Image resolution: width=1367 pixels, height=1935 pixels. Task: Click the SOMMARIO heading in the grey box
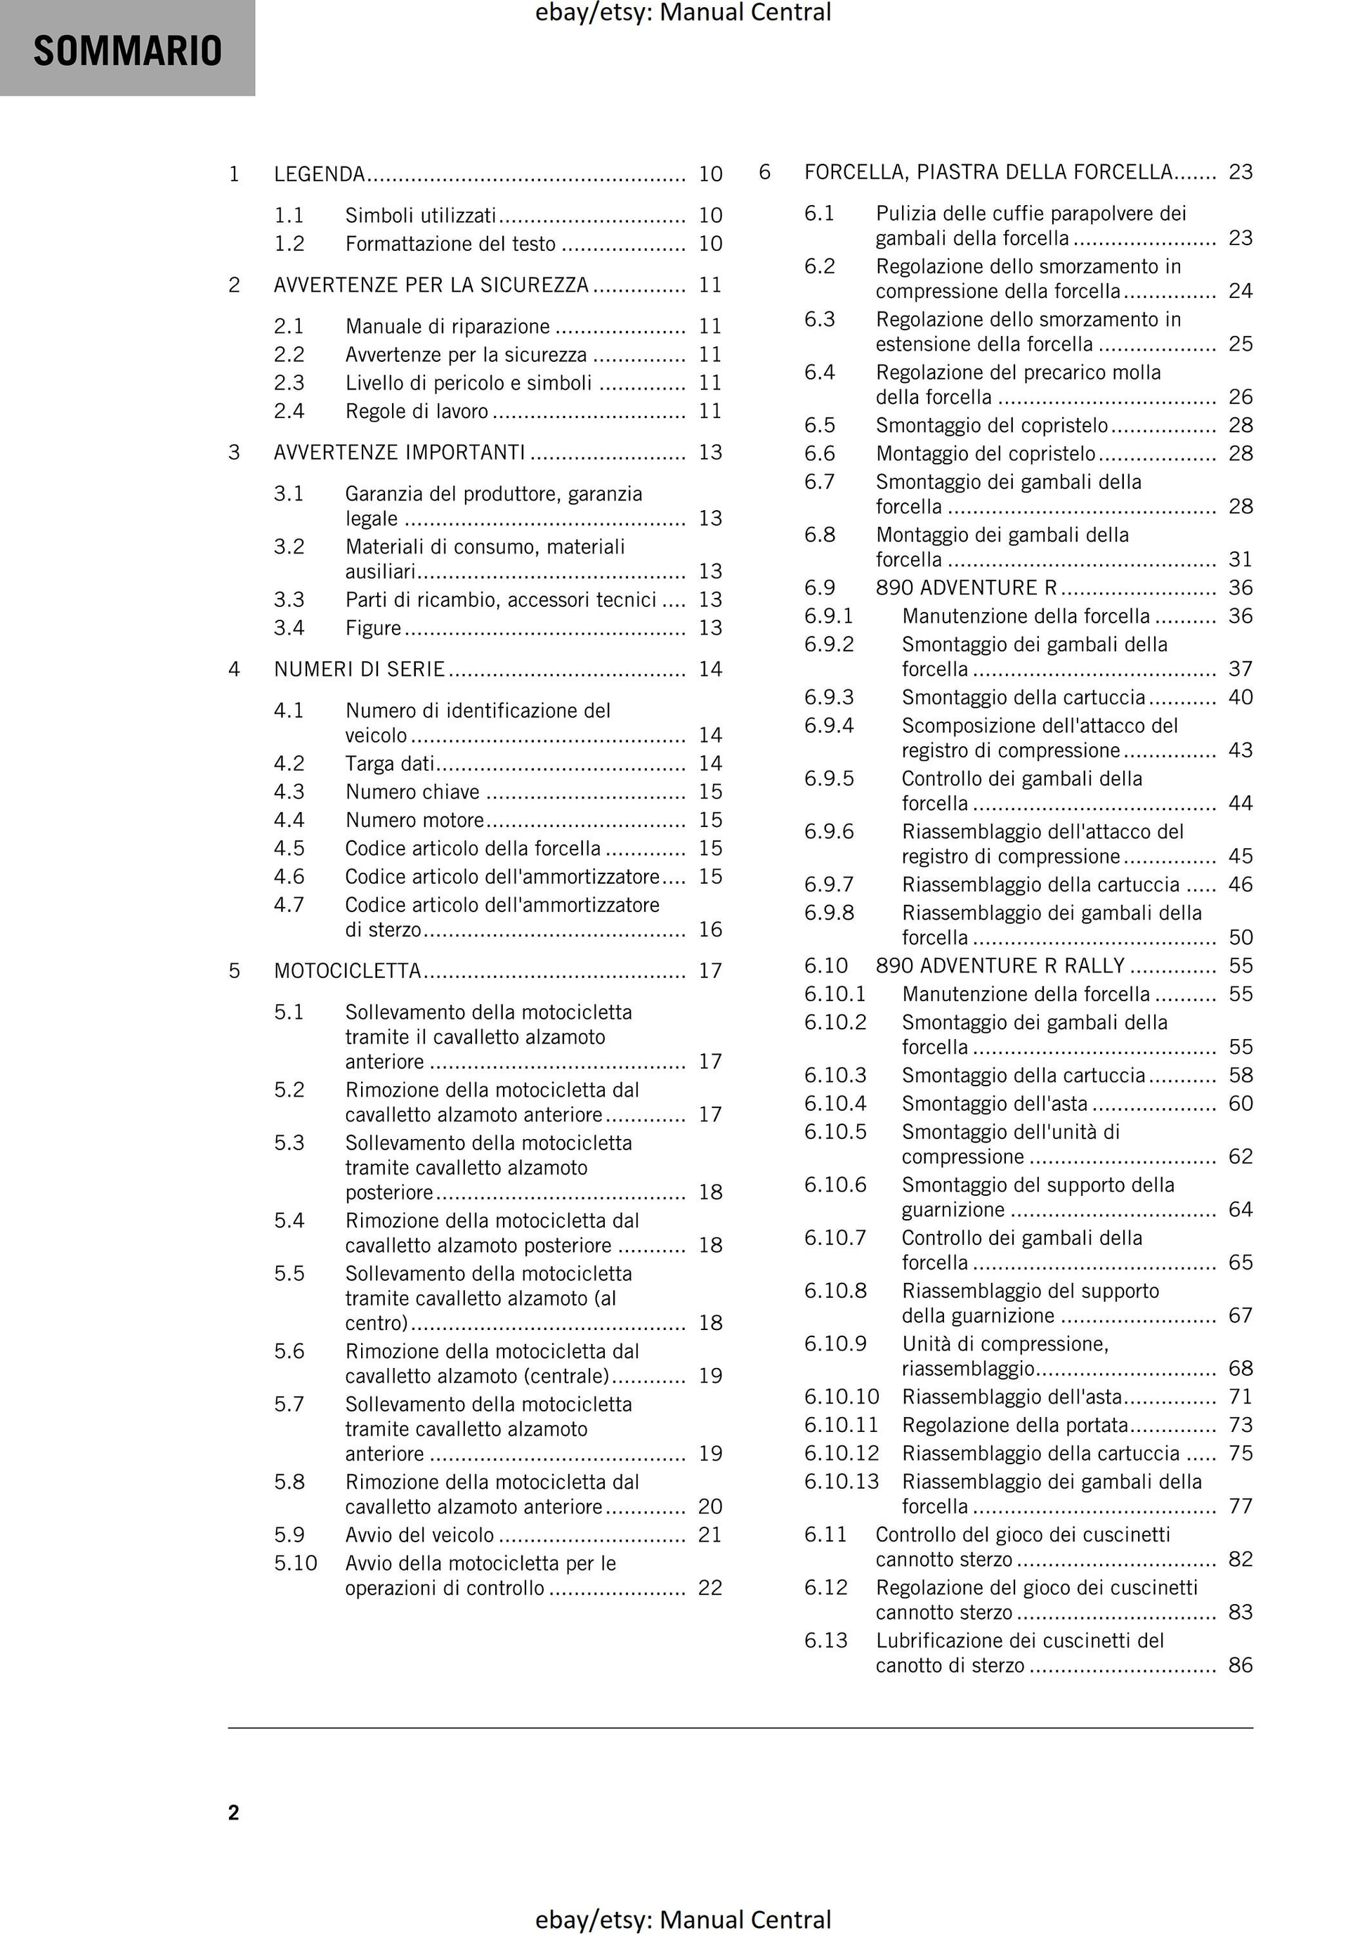pos(127,51)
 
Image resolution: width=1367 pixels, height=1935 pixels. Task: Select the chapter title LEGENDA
pos(320,174)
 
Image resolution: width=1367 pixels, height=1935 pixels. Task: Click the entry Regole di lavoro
pos(417,411)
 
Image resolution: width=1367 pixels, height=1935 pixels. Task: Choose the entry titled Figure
pos(373,628)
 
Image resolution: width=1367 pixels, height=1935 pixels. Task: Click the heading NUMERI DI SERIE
pos(359,669)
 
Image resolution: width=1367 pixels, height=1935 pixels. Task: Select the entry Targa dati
pos(389,764)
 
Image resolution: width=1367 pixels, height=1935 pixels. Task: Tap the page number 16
pos(710,930)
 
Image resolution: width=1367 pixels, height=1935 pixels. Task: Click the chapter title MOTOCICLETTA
pos(347,971)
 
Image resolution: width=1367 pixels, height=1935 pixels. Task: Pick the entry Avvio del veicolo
pos(419,1535)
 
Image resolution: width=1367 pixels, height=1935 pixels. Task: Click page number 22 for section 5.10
pos(710,1588)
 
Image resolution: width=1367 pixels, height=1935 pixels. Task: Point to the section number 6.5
pos(819,426)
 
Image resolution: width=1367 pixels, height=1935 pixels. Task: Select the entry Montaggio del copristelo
pos(986,453)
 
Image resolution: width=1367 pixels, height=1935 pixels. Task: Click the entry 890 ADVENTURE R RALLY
pos(1000,966)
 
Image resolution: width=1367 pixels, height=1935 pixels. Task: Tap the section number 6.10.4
pos(835,1103)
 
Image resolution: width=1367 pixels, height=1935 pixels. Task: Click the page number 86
pos(1241,1665)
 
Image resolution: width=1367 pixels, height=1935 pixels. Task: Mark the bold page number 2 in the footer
pos(233,1813)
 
